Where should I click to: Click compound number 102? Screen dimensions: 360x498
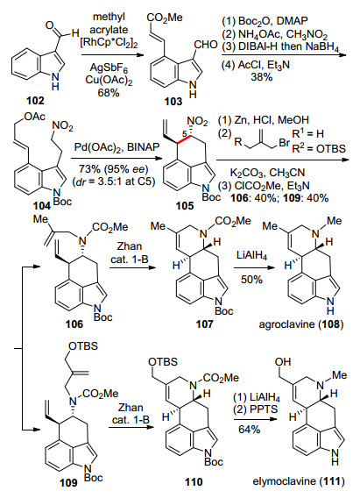pyautogui.click(x=35, y=101)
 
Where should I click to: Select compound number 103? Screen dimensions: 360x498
pyautogui.click(x=173, y=102)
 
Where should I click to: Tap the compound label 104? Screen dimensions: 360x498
pyautogui.click(x=42, y=206)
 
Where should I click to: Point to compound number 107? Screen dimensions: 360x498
pyautogui.click(x=205, y=324)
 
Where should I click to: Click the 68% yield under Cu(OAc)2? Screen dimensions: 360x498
pyautogui.click(x=109, y=92)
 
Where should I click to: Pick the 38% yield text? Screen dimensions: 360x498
pyautogui.click(x=262, y=77)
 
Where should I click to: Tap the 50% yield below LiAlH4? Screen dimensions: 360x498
pyautogui.click(x=251, y=280)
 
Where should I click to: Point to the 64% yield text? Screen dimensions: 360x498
pyautogui.click(x=250, y=430)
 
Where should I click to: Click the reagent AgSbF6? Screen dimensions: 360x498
pyautogui.click(x=109, y=68)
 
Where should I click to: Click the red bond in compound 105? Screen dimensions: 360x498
pyautogui.click(x=185, y=139)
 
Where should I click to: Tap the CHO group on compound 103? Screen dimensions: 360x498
pyautogui.click(x=206, y=45)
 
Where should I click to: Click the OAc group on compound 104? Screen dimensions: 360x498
pyautogui.click(x=34, y=117)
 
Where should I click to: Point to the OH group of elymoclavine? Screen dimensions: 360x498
pyautogui.click(x=283, y=361)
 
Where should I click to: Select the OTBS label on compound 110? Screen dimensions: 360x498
pyautogui.click(x=163, y=362)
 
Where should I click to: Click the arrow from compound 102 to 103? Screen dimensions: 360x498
pyautogui.click(x=112, y=55)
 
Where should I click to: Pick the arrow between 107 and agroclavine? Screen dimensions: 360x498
pyautogui.click(x=254, y=267)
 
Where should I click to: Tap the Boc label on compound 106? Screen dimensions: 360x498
pyautogui.click(x=102, y=317)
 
